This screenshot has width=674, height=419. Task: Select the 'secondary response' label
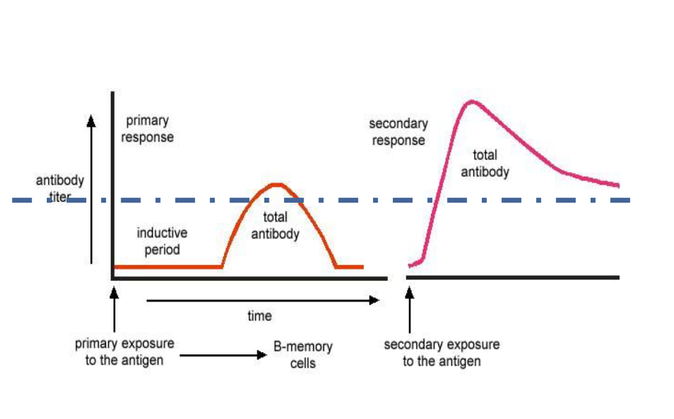tap(398, 132)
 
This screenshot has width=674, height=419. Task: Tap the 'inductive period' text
tap(162, 241)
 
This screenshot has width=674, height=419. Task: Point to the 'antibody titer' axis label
tap(60, 189)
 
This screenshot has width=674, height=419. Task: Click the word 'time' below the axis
tap(259, 316)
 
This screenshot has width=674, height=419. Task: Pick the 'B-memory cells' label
tap(303, 354)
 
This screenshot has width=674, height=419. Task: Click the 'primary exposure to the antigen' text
tap(125, 351)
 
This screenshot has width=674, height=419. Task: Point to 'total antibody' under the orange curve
tap(275, 225)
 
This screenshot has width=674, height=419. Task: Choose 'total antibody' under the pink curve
tap(485, 163)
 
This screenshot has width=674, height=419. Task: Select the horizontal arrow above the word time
tap(262, 301)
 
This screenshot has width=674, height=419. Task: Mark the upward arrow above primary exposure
tap(114, 310)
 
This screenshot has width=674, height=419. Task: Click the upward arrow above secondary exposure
tap(410, 310)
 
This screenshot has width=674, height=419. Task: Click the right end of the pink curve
tap(618, 185)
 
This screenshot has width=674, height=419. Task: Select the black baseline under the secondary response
tap(513, 278)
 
